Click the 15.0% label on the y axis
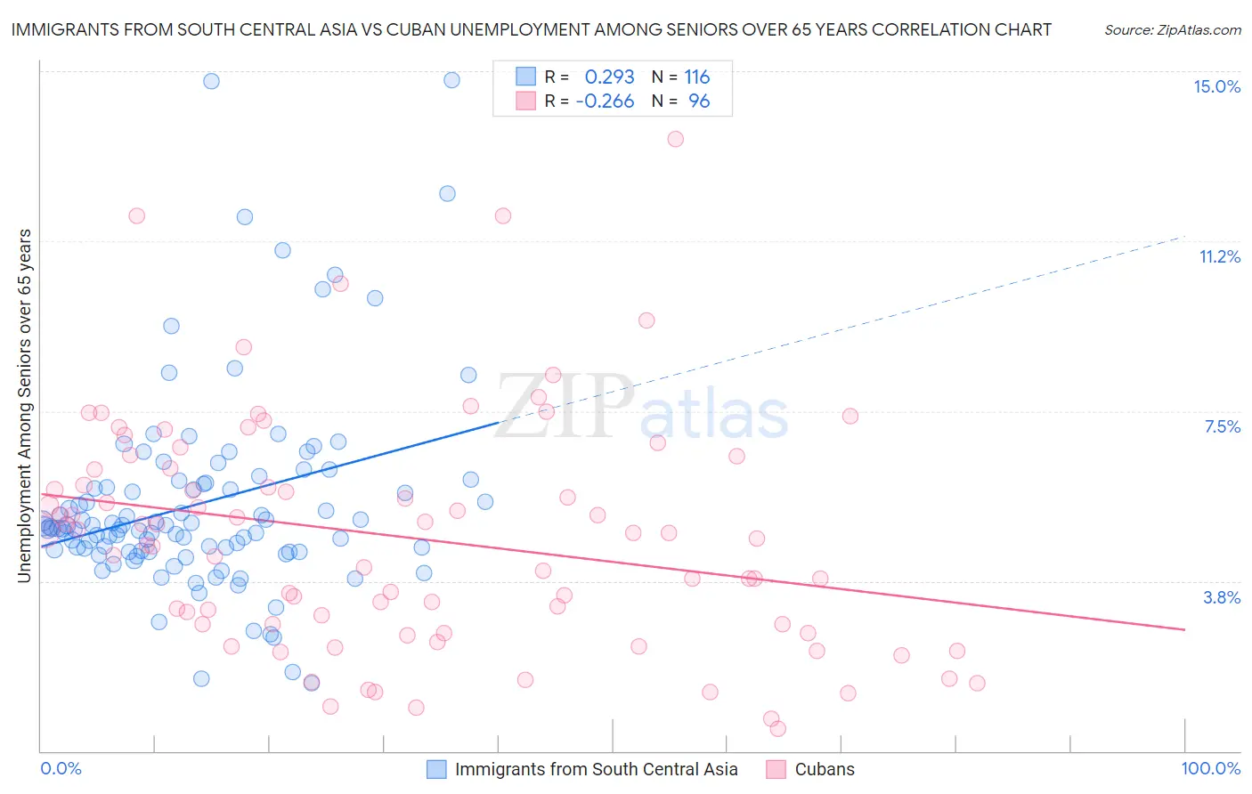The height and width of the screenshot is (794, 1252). pyautogui.click(x=1216, y=86)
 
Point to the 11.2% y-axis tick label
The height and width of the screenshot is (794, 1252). pyautogui.click(x=1219, y=257)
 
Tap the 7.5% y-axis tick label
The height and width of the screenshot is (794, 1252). pyautogui.click(x=1222, y=427)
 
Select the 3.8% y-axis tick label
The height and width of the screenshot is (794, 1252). pyautogui.click(x=1222, y=597)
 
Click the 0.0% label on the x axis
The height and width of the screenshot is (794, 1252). pyautogui.click(x=61, y=768)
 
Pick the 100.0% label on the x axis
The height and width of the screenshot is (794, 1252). pyautogui.click(x=1210, y=768)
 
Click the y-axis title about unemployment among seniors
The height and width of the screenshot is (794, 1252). pyautogui.click(x=24, y=406)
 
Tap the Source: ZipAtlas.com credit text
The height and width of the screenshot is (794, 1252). pyautogui.click(x=1172, y=30)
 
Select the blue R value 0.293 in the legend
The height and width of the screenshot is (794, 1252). pyautogui.click(x=609, y=77)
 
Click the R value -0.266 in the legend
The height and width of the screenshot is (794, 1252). pyautogui.click(x=605, y=101)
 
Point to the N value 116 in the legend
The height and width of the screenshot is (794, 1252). pyautogui.click(x=696, y=77)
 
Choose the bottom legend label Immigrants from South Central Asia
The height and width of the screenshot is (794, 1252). pyautogui.click(x=596, y=769)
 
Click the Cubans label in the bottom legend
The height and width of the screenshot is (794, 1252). pyautogui.click(x=824, y=769)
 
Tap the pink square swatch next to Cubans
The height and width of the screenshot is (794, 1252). pyautogui.click(x=776, y=769)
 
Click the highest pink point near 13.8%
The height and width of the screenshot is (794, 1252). pyautogui.click(x=675, y=139)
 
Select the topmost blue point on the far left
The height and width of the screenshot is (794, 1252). pyautogui.click(x=211, y=81)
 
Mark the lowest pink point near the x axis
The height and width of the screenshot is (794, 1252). pyautogui.click(x=777, y=728)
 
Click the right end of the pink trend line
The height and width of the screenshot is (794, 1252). pyautogui.click(x=1184, y=629)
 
